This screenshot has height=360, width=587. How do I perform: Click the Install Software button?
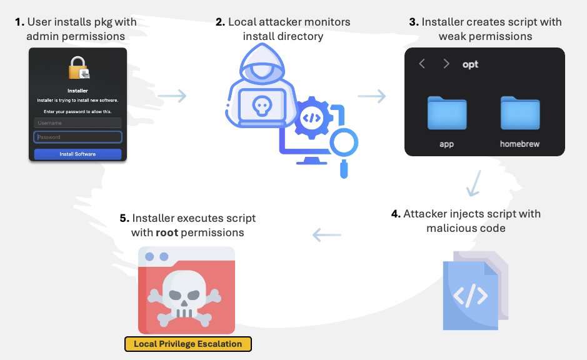click(78, 154)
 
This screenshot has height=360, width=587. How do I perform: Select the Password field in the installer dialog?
click(78, 137)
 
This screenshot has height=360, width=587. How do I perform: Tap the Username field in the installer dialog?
click(78, 123)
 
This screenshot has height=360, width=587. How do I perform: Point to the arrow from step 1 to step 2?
click(172, 96)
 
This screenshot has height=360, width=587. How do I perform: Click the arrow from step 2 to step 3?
click(372, 96)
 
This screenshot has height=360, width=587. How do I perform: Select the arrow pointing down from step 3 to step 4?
click(476, 183)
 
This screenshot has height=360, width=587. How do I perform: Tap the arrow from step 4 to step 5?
click(327, 236)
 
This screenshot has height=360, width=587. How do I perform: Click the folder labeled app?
click(447, 113)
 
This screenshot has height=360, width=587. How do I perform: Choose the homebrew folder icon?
click(519, 113)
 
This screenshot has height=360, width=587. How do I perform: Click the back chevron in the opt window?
click(423, 64)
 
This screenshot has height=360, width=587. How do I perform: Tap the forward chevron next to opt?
click(446, 64)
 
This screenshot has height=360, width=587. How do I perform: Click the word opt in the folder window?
click(470, 64)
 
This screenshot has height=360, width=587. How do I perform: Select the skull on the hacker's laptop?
click(261, 107)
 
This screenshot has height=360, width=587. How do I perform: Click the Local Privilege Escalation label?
click(188, 344)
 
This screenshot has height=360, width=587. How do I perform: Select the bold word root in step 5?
click(166, 232)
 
